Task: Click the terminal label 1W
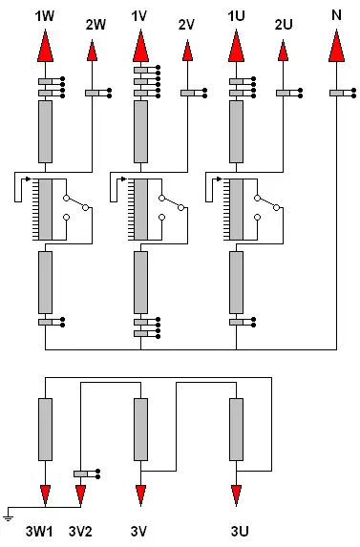click(45, 16)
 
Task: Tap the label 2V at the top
click(186, 25)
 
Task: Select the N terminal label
click(336, 15)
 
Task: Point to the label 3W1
click(39, 532)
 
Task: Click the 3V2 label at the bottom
click(80, 532)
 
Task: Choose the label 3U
click(240, 532)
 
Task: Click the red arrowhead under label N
click(337, 46)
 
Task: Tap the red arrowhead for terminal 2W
click(92, 51)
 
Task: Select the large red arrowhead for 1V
click(140, 46)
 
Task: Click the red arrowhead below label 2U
click(283, 51)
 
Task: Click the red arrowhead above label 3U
click(236, 495)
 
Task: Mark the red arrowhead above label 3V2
click(80, 495)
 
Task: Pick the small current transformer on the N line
click(343, 94)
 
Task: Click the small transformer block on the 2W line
click(98, 94)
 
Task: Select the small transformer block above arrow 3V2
click(87, 473)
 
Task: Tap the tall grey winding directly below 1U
click(236, 132)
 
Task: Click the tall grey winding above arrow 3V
click(140, 430)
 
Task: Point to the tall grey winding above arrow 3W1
click(45, 430)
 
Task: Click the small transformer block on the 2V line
click(194, 94)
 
